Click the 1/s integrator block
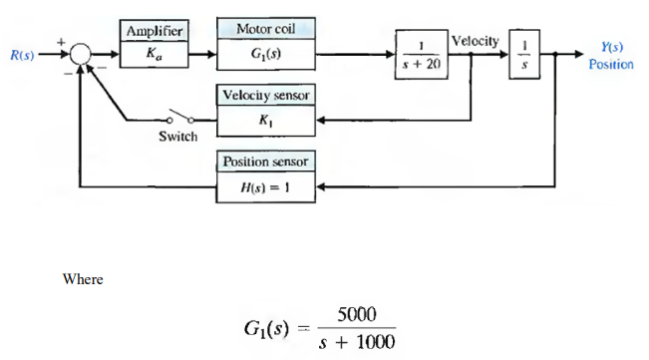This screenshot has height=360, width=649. tap(529, 55)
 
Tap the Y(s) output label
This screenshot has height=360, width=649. tap(605, 47)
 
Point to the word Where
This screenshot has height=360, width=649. tap(83, 279)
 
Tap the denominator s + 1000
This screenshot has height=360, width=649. tap(356, 342)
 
